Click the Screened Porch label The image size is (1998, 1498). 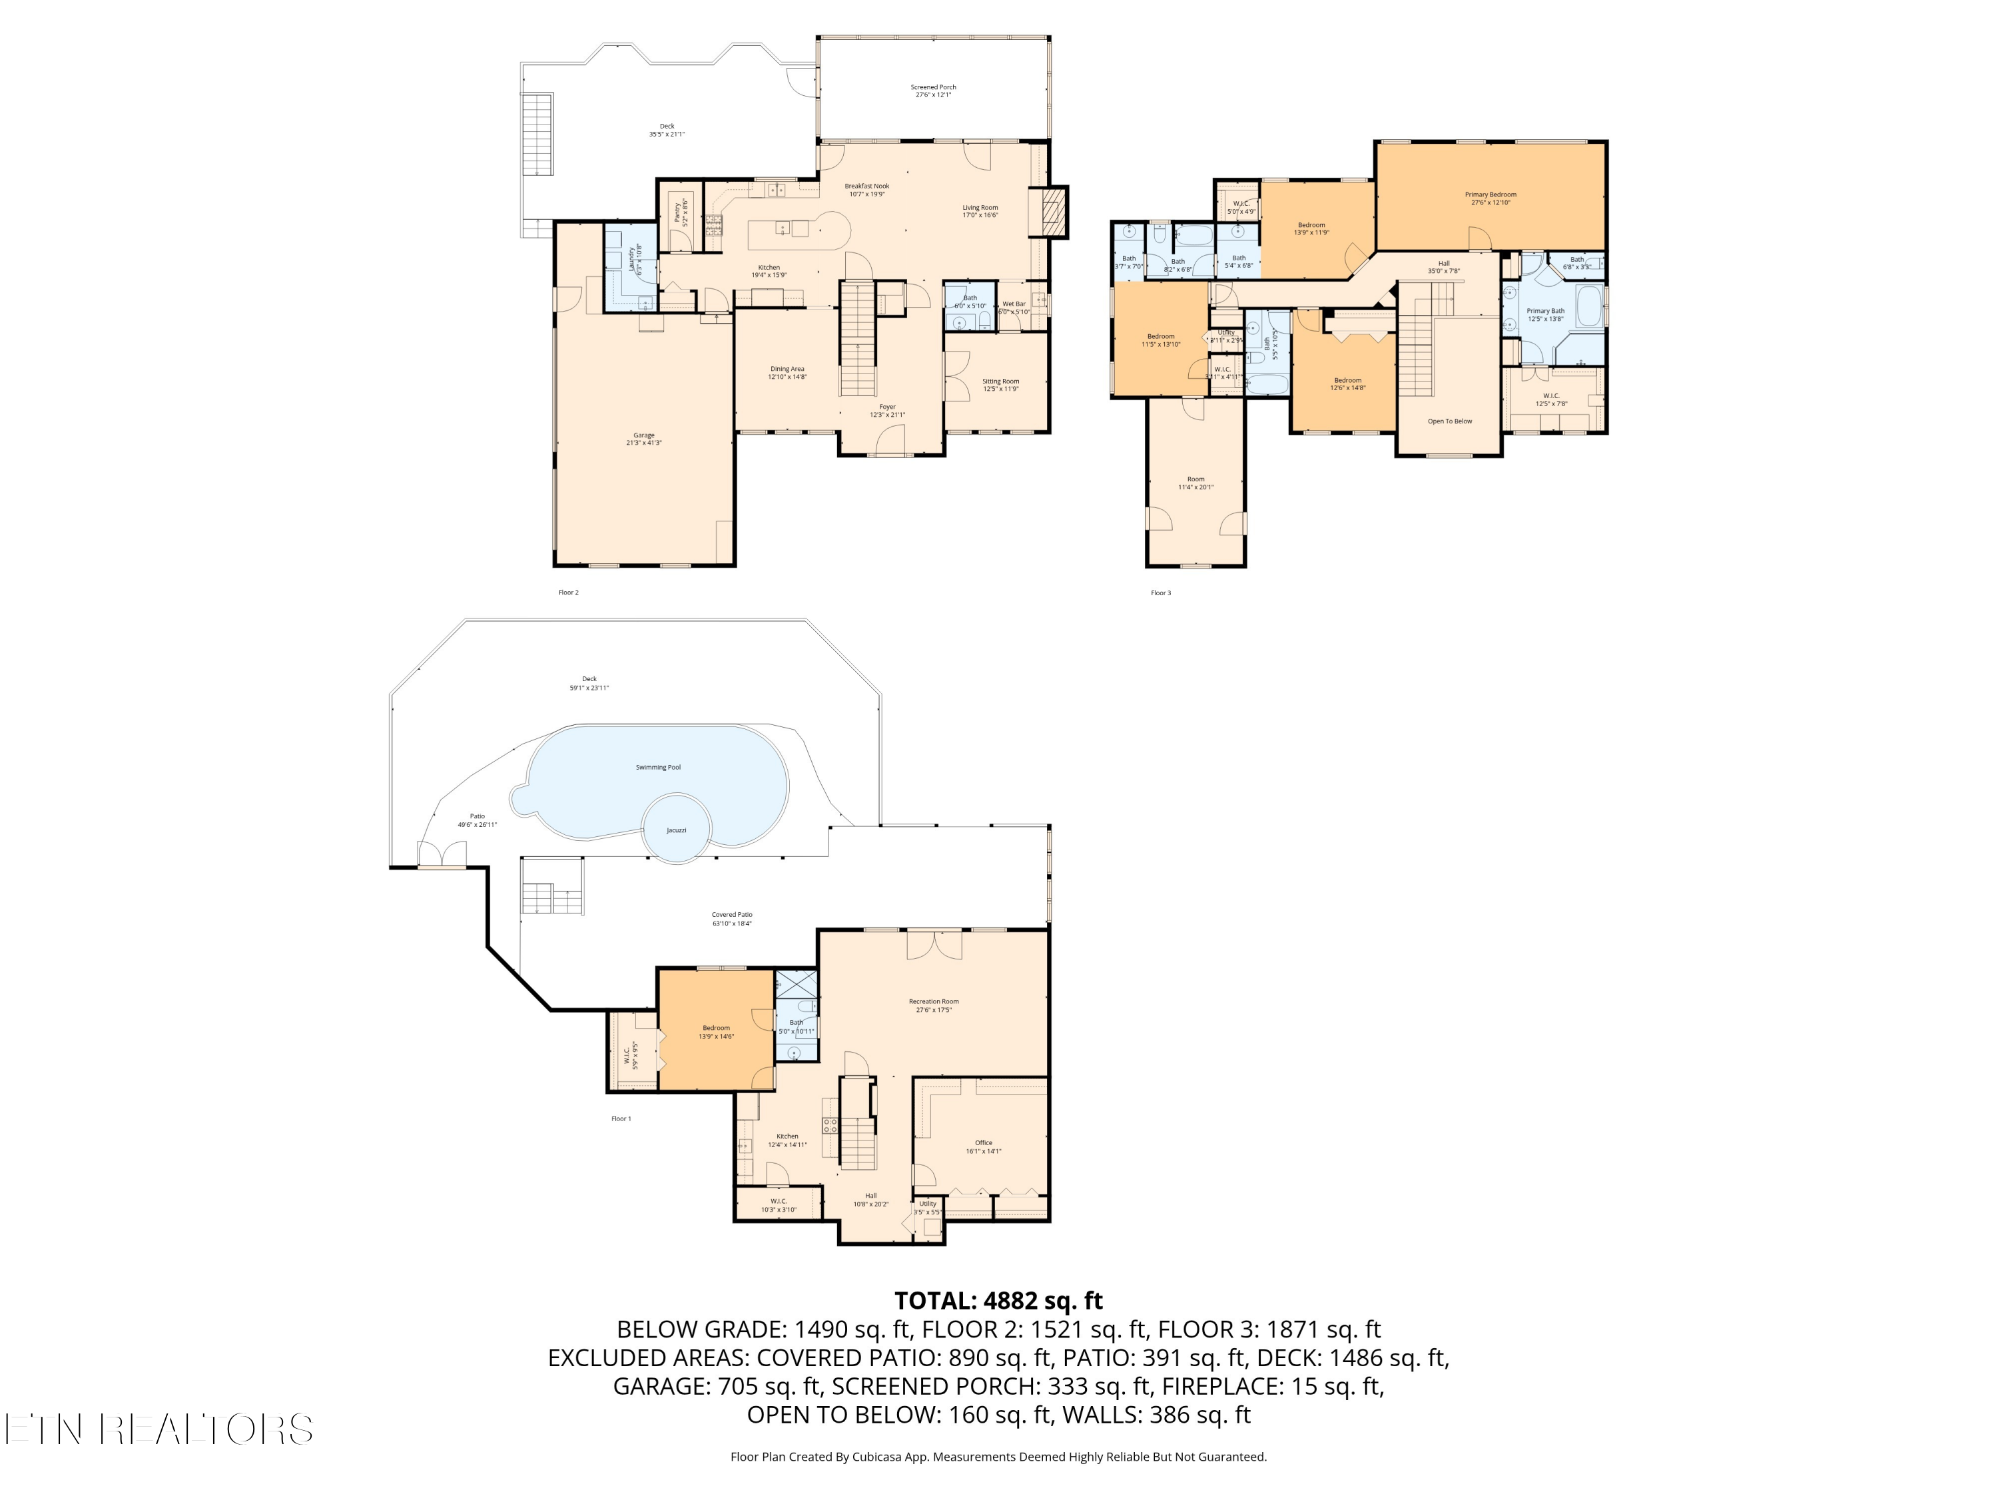933,91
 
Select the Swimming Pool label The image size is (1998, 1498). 657,766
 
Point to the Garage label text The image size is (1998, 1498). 643,439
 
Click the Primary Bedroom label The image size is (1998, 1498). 1489,198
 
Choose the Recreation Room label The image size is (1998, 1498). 933,1005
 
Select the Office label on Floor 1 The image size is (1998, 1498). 983,1146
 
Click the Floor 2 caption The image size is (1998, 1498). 568,593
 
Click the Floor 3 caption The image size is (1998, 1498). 1160,593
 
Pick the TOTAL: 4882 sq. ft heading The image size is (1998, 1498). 998,1300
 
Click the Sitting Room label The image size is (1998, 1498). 1000,385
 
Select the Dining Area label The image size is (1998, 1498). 787,372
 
